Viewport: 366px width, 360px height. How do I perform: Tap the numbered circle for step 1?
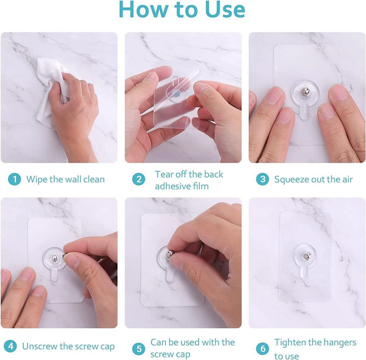coord(14,179)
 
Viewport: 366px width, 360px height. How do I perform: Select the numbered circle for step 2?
coord(138,179)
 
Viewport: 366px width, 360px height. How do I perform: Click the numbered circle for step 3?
coord(262,179)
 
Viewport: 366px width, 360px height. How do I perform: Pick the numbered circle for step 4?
coord(11,346)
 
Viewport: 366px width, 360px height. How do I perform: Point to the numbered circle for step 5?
coord(138,349)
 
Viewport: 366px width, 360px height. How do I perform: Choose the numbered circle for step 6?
coord(262,349)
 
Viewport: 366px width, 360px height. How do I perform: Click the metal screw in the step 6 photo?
coord(307,256)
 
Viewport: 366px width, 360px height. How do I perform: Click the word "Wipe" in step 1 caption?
coord(37,179)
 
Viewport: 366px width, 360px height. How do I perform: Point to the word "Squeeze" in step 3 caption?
coord(291,179)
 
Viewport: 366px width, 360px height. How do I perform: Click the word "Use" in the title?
coord(224,10)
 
